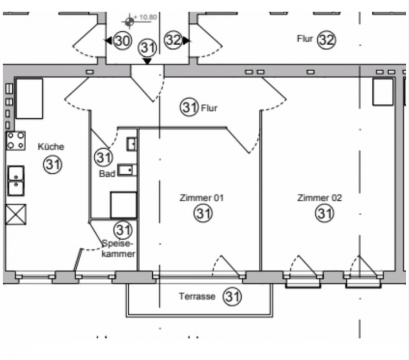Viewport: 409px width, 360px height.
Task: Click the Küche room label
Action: tap(51, 146)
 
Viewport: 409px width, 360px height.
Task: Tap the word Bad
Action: tap(107, 174)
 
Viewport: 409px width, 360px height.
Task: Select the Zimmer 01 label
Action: tap(202, 198)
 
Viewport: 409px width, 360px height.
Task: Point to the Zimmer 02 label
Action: tap(320, 198)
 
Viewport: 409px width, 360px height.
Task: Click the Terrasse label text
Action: tap(197, 296)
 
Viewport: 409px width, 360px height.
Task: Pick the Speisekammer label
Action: tap(118, 248)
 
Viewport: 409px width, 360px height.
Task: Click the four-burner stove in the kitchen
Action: tap(16, 141)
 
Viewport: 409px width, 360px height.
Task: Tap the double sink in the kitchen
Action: tap(16, 181)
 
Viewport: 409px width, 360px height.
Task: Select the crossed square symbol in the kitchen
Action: tap(16, 215)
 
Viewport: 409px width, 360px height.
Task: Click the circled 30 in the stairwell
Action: tap(122, 41)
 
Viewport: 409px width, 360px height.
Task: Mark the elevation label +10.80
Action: tap(145, 17)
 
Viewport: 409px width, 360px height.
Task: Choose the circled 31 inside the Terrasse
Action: tap(232, 296)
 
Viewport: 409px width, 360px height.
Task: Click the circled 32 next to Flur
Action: tap(326, 40)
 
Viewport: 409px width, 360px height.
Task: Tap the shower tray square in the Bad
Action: tap(124, 205)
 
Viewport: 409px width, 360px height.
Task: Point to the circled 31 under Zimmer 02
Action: tap(325, 214)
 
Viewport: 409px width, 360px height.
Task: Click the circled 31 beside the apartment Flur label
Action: tap(190, 107)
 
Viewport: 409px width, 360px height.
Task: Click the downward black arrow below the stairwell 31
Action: tap(148, 61)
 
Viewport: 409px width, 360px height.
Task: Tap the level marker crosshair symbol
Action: tap(129, 22)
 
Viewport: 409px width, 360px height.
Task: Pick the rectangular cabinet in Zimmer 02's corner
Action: tap(383, 92)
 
